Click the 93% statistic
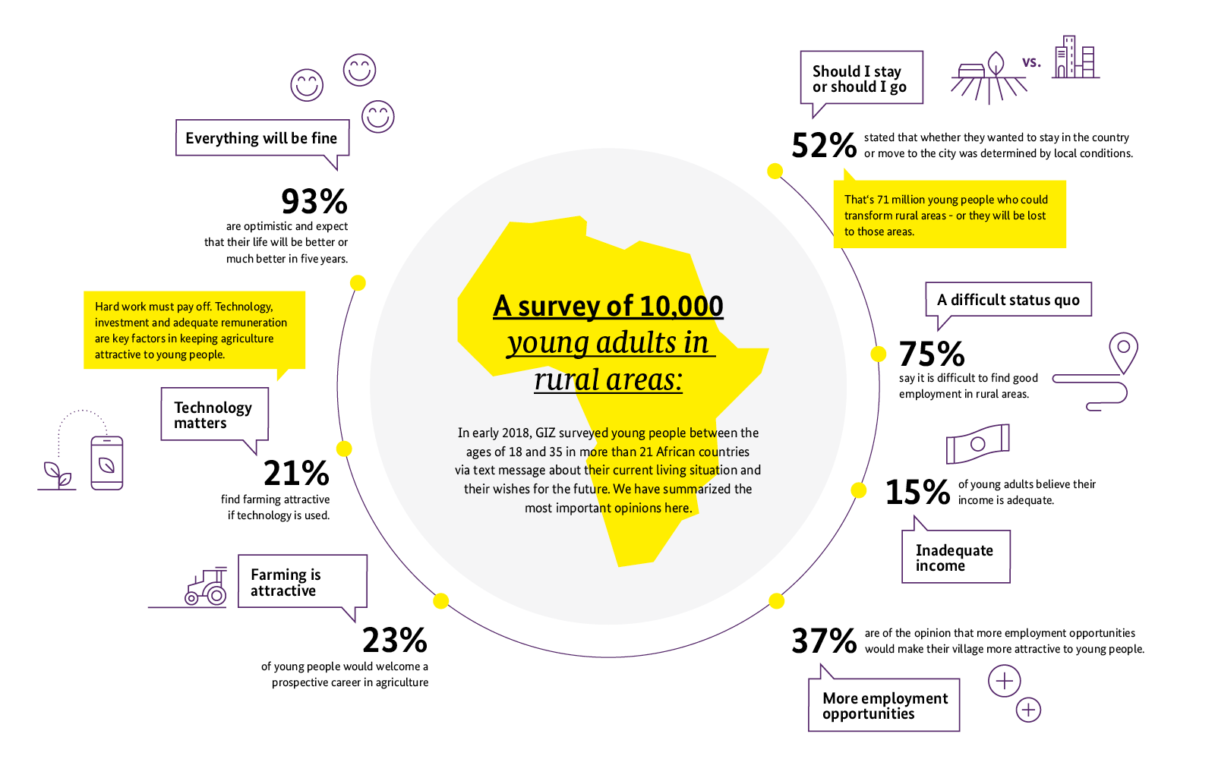pos(314,202)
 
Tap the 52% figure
pos(824,145)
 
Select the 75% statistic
pos(932,354)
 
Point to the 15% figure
pos(917,492)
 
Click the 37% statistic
pos(824,641)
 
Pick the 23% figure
pos(394,641)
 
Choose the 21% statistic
pos(296,474)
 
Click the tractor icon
pos(207,588)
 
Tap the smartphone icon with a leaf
pos(106,462)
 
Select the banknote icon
pos(977,443)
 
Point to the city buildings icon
pos(1075,58)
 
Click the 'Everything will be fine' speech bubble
pos(262,138)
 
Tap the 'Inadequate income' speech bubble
pos(955,557)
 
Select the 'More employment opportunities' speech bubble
pos(884,706)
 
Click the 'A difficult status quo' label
pos(1008,300)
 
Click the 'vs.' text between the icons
pos(1031,62)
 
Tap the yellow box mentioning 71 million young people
pos(949,215)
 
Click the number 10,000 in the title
pos(681,306)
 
